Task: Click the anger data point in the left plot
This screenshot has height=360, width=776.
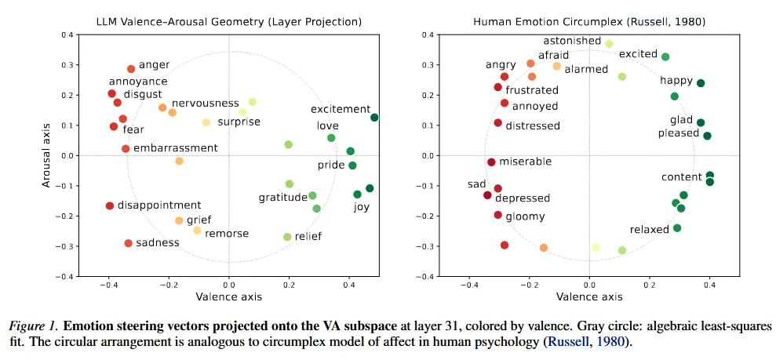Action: (x=131, y=69)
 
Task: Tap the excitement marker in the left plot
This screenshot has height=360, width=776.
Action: (x=374, y=118)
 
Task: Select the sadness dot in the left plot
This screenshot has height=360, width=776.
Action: (x=128, y=243)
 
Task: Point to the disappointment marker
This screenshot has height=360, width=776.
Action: (x=110, y=206)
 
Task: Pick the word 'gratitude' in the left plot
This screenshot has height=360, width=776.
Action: (x=282, y=198)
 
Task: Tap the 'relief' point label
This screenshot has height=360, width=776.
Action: (x=309, y=236)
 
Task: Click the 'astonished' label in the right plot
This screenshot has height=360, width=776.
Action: (x=572, y=41)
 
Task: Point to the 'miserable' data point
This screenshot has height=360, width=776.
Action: (x=491, y=162)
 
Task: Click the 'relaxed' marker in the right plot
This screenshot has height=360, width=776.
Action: (x=677, y=228)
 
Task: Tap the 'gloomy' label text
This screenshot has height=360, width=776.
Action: (x=525, y=216)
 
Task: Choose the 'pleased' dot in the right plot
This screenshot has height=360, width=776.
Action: (x=707, y=136)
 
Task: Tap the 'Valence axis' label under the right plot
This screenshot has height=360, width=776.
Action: (x=589, y=297)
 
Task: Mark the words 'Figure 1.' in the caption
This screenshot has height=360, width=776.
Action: (x=34, y=325)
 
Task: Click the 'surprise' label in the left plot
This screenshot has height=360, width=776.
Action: (x=239, y=122)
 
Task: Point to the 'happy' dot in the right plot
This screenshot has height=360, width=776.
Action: (x=701, y=83)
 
